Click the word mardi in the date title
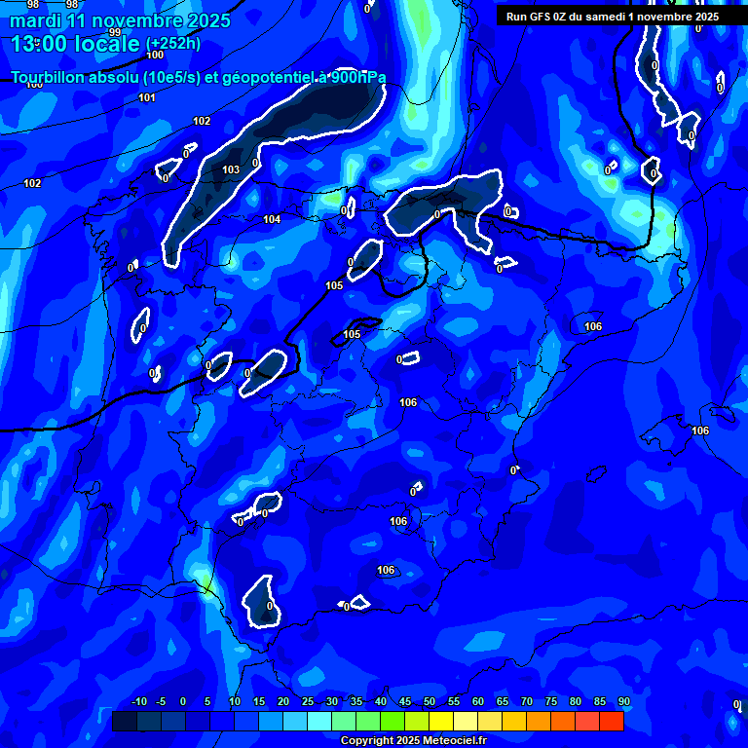tap(35, 20)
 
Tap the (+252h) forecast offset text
tap(173, 44)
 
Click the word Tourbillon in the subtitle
tap(49, 78)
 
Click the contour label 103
tap(231, 169)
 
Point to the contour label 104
tap(272, 219)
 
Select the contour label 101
tap(147, 97)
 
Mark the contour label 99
tap(115, 32)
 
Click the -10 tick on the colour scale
tap(138, 701)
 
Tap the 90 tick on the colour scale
tap(623, 701)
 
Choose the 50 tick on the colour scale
tap(429, 701)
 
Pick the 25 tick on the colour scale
tap(307, 701)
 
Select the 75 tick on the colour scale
tap(550, 701)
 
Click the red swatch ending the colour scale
tap(611, 721)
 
